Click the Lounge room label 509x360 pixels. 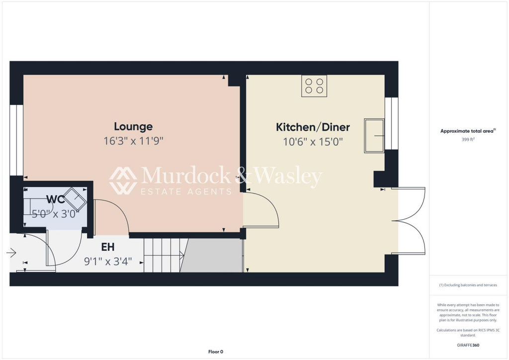tap(133, 127)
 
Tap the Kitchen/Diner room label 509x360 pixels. tap(313, 127)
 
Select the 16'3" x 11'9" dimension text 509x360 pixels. tap(133, 141)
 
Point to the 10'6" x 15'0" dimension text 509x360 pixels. tap(313, 142)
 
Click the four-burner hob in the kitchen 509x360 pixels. tap(314, 86)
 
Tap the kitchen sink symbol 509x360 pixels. tap(374, 136)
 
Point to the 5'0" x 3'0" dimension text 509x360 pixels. tap(55, 214)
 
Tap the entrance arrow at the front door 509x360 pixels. tap(11, 253)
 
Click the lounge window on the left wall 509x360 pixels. tap(16, 140)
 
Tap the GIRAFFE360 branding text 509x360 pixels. tap(469, 345)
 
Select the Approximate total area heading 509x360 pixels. tap(467, 131)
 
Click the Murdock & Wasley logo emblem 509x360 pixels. tap(123, 180)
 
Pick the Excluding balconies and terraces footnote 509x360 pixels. tap(469, 285)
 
